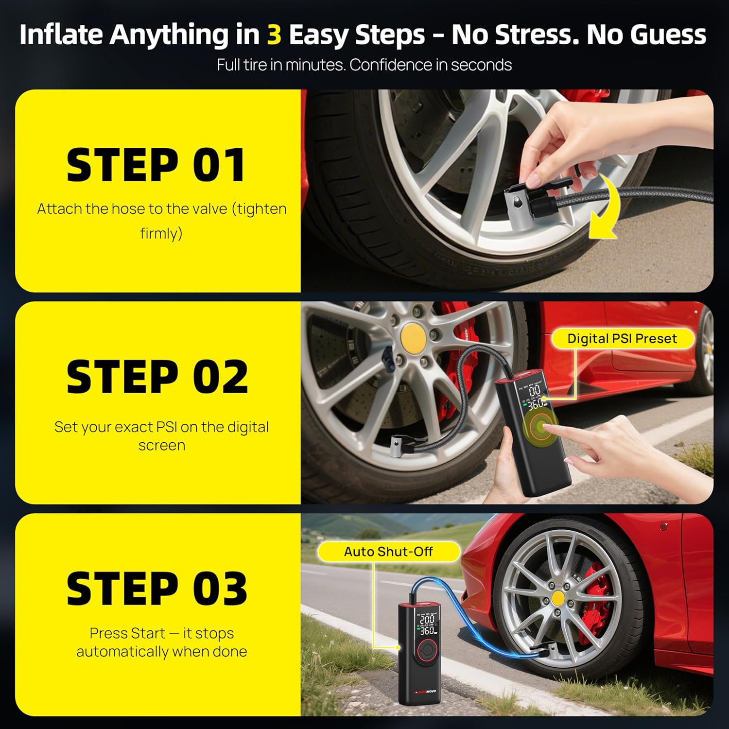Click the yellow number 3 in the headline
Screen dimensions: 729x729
point(274,35)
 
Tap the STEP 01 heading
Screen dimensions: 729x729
point(156,166)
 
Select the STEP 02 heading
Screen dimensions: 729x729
point(157,377)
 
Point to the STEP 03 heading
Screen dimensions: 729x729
point(156,589)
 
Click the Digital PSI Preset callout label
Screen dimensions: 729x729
point(622,339)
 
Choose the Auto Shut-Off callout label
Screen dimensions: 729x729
point(388,552)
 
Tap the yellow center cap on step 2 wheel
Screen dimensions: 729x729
point(413,335)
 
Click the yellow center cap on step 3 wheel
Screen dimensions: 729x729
point(558,598)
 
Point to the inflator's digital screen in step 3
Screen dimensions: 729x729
point(427,624)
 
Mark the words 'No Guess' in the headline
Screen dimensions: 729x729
point(646,35)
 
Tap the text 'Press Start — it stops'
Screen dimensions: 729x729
point(161,633)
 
